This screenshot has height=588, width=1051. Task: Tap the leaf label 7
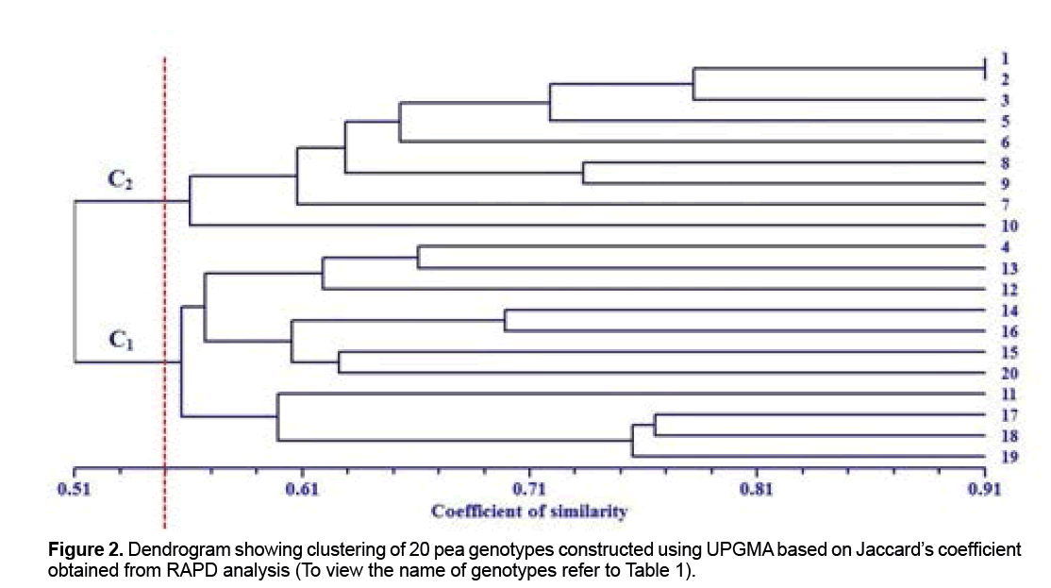(x=1008, y=205)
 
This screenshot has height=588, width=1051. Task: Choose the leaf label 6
(x=1008, y=143)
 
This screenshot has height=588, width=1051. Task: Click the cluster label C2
(x=120, y=182)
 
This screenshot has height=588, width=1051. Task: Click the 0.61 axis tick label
(x=301, y=490)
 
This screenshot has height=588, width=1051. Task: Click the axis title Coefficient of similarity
(x=529, y=512)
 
